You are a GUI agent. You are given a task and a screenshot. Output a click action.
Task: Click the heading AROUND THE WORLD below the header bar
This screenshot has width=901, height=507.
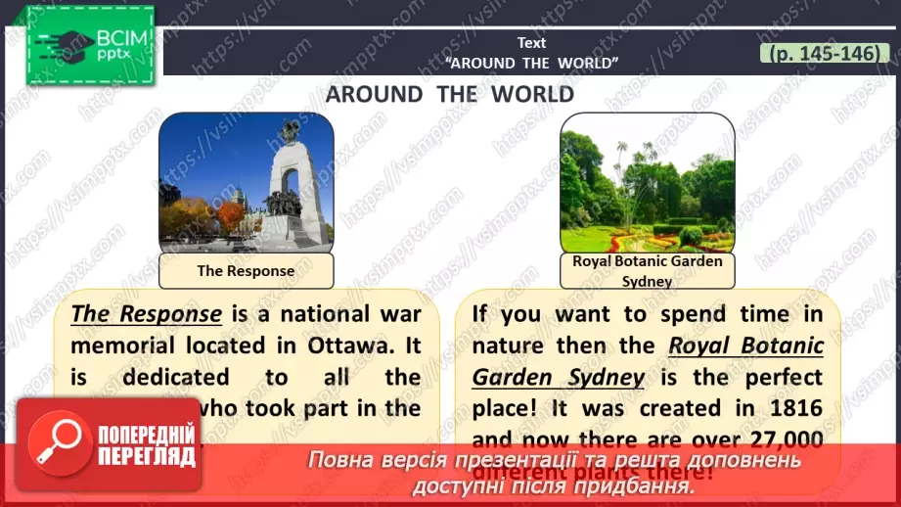point(450,94)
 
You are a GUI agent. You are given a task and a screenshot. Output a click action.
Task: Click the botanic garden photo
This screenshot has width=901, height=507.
point(647,182)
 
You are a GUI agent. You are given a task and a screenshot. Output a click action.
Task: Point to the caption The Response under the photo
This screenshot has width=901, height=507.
point(246,271)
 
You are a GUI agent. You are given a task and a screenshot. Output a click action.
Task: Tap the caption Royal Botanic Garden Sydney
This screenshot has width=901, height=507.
point(647,271)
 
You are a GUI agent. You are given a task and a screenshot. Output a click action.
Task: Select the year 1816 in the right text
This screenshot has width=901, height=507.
point(784,408)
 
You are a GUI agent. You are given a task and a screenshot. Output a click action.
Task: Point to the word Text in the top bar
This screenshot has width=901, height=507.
point(532,42)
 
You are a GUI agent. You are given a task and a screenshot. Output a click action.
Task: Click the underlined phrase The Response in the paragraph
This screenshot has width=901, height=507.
point(147,314)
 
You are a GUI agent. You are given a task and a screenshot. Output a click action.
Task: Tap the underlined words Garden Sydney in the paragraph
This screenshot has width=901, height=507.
point(559,377)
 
